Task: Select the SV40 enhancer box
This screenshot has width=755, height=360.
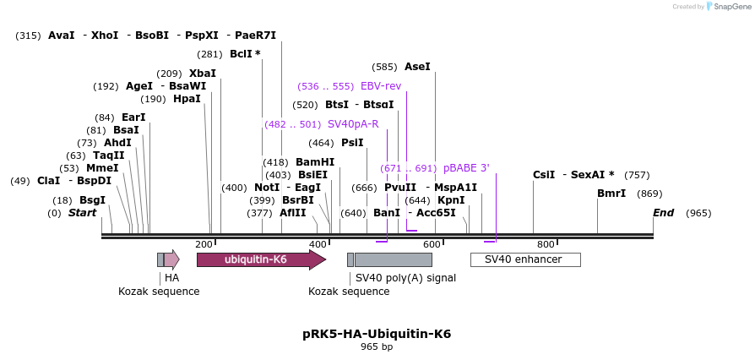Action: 524,259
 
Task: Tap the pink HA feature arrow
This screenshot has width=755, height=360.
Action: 171,259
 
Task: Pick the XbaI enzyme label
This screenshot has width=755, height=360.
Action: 203,74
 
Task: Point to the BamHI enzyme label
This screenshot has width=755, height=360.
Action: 315,162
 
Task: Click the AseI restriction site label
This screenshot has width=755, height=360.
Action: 417,66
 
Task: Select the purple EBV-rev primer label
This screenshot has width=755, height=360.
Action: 381,86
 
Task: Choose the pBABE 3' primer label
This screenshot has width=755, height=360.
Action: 466,168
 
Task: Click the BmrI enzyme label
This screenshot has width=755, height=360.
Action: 611,194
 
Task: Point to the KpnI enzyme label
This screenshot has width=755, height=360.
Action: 451,200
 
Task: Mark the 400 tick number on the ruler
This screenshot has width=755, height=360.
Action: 318,244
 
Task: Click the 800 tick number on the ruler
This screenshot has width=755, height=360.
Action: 546,244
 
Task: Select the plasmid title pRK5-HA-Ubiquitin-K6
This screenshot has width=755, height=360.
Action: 377,334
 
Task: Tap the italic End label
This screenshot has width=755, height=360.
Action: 663,213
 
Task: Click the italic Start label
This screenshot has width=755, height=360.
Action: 83,213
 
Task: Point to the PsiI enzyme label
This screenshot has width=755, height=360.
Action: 352,143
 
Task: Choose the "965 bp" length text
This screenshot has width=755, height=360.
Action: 377,346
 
